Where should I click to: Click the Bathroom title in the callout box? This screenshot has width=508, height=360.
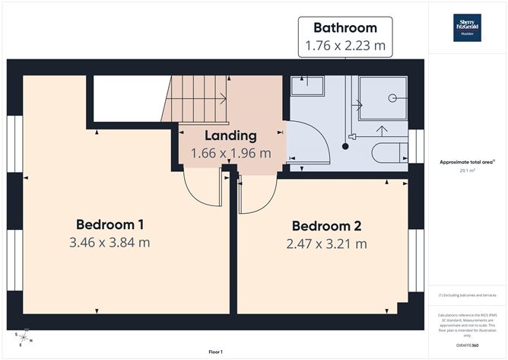click(x=344, y=28)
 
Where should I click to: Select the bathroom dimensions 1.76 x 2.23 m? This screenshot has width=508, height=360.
click(x=344, y=46)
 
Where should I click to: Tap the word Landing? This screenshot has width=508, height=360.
click(x=230, y=135)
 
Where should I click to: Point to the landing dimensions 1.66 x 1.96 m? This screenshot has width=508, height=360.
click(x=230, y=152)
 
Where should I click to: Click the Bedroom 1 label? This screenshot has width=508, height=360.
click(x=110, y=225)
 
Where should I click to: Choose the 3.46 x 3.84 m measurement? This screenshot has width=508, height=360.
click(x=110, y=243)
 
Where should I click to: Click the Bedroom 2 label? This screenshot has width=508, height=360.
click(x=326, y=226)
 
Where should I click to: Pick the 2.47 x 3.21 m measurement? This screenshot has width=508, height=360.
click(x=326, y=244)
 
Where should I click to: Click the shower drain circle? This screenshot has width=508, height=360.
click(x=392, y=98)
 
